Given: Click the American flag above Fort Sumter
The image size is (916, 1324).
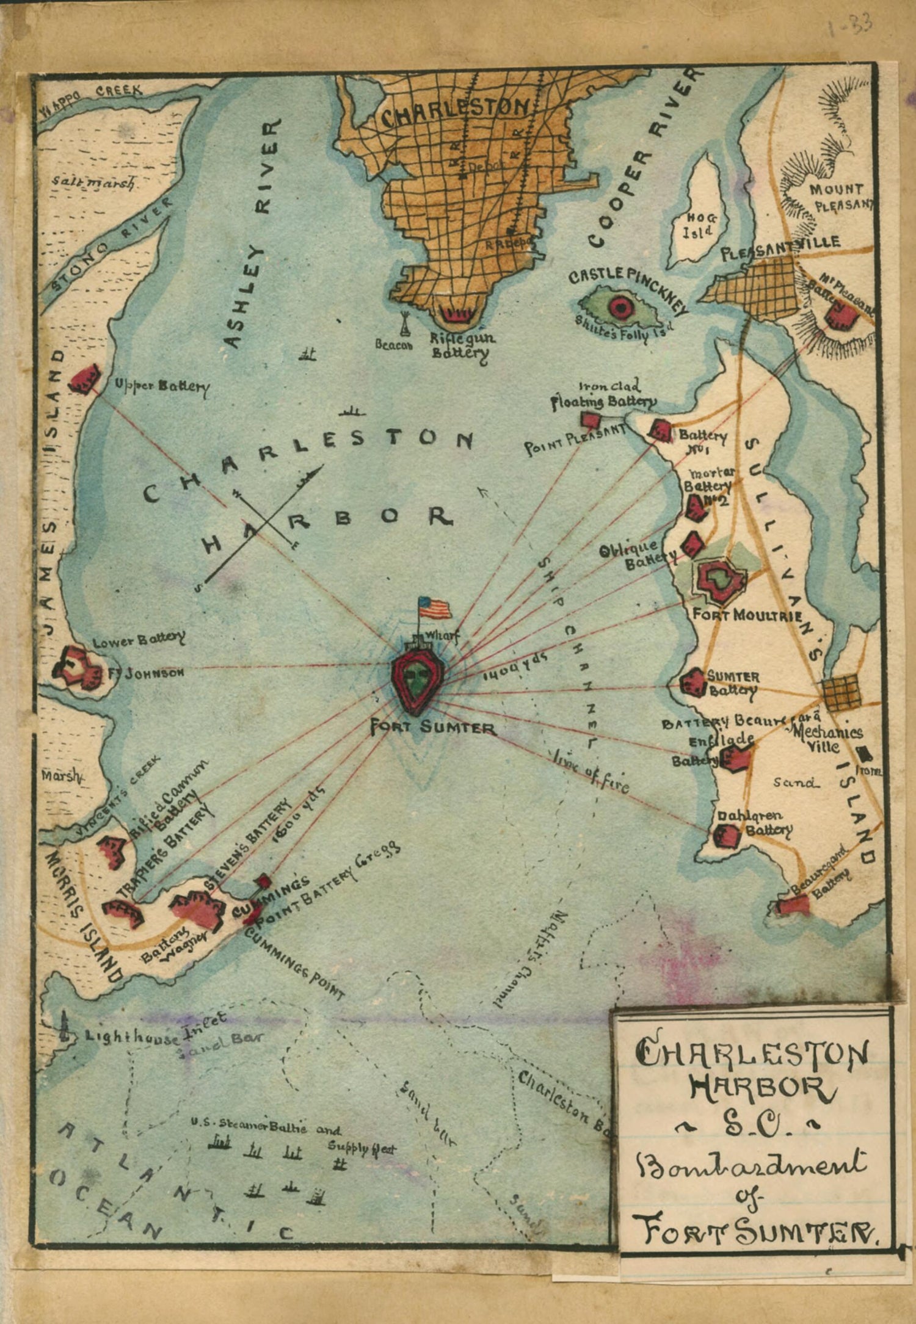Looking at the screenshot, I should coord(435,608).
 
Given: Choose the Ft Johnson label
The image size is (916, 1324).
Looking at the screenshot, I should coord(146,672).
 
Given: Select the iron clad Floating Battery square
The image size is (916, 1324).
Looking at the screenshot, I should coord(591,420).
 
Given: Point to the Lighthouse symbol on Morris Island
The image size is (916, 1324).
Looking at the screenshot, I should coord(65,1027).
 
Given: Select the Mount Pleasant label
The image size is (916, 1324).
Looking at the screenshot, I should coord(840,197).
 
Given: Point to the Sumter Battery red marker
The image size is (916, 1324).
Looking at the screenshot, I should coord(693,681).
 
